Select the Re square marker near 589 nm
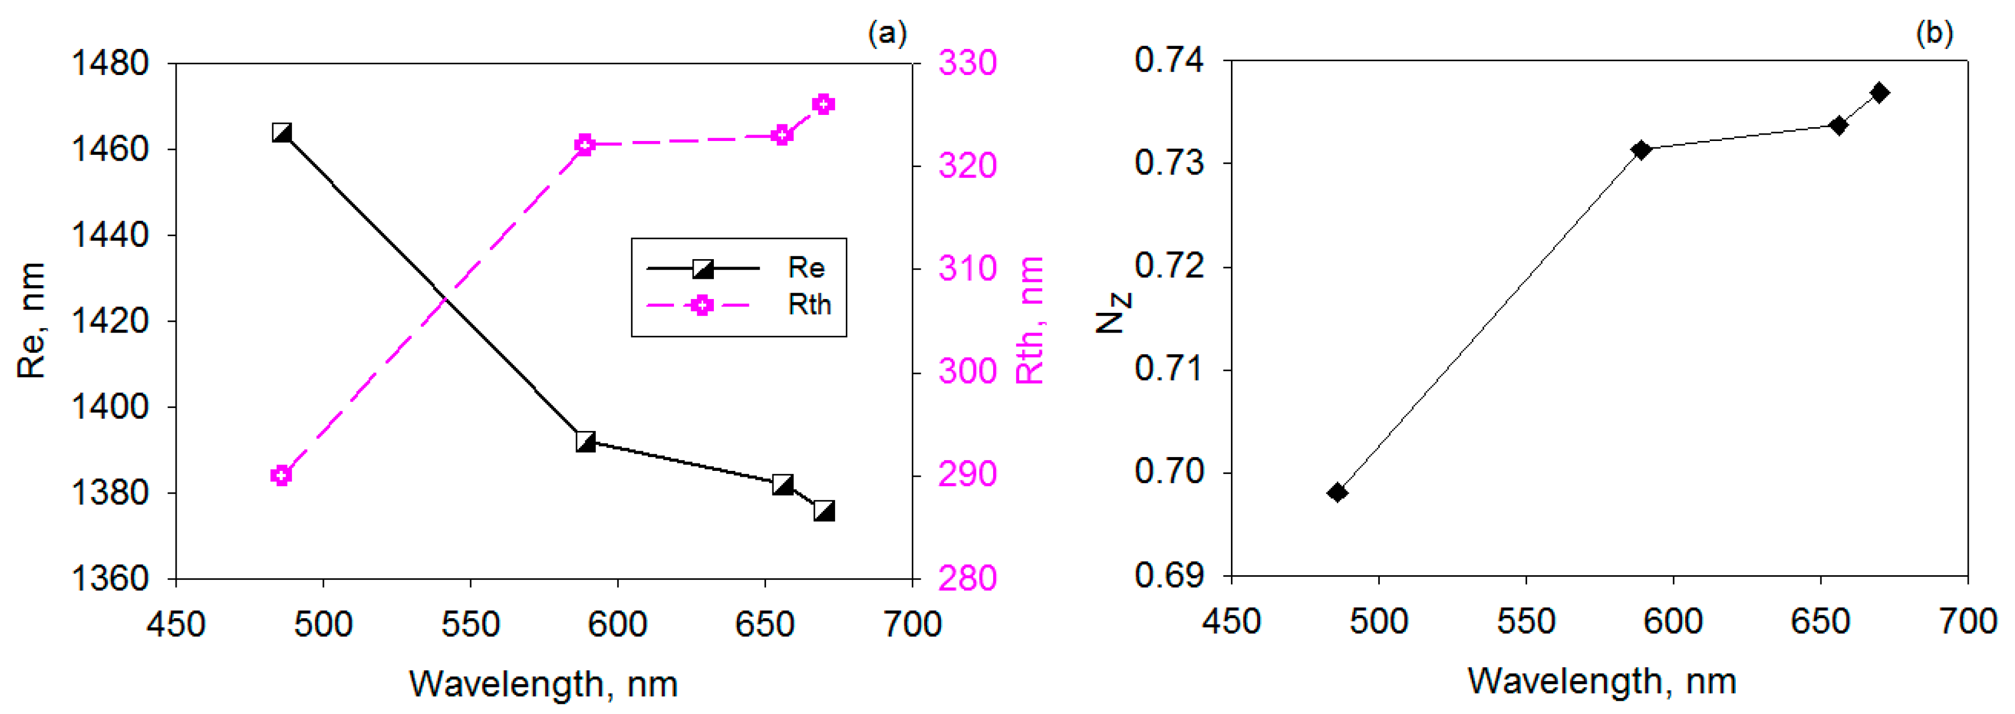pos(585,442)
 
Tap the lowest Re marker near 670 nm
pos(823,511)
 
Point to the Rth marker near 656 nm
pos(781,135)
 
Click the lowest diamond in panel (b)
pos(1338,492)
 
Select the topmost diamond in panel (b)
pos(1880,92)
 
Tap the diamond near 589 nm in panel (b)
pos(1641,150)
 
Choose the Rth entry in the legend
pos(808,305)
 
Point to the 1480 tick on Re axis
pos(110,63)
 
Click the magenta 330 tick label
pos(968,63)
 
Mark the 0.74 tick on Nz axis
pos(1169,60)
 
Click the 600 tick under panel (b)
pos(1672,621)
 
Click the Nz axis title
pos(1112,311)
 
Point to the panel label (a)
pos(887,33)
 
